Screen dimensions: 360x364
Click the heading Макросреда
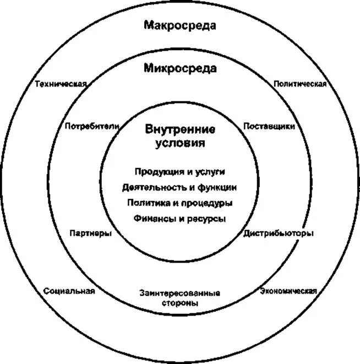click(x=180, y=25)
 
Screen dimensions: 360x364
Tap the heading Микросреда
click(x=180, y=68)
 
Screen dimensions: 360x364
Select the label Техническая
click(x=61, y=84)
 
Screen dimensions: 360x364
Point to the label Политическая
click(x=301, y=84)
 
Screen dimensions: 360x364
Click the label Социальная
click(x=69, y=291)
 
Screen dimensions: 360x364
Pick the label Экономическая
click(x=288, y=291)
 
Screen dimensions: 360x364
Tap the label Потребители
click(x=92, y=126)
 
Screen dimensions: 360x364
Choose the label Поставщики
click(x=269, y=126)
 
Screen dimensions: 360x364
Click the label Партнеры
click(x=91, y=233)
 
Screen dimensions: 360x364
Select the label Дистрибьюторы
click(x=279, y=233)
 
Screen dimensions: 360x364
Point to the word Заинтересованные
click(x=180, y=294)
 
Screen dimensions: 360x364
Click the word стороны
click(x=180, y=303)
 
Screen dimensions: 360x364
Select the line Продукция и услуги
click(x=180, y=172)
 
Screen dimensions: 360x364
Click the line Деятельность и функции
click(x=180, y=187)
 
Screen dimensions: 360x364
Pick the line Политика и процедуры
click(x=180, y=203)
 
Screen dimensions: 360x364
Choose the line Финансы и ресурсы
click(x=180, y=219)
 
